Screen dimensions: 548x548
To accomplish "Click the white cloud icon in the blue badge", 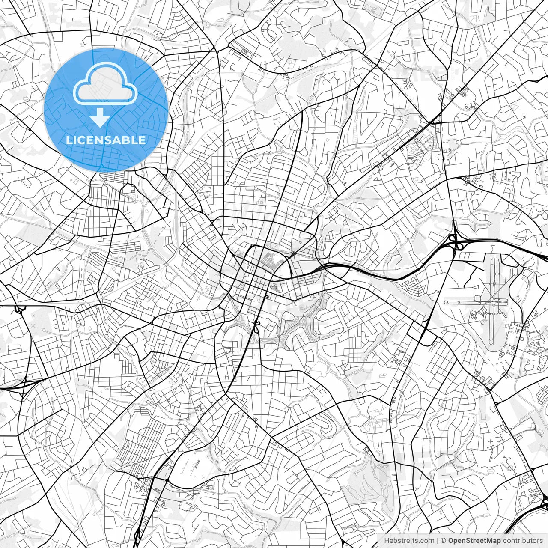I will [x=105, y=84].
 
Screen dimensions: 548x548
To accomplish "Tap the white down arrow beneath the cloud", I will [x=100, y=118].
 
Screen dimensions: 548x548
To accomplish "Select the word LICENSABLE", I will [x=106, y=140].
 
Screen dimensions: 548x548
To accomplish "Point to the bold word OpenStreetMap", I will [x=474, y=541].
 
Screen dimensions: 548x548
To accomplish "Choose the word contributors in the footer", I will [x=523, y=541].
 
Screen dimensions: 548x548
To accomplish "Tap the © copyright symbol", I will [x=444, y=541].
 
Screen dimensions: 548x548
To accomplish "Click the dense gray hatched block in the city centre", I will [x=271, y=260].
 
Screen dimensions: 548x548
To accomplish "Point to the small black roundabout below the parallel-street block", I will [x=166, y=481].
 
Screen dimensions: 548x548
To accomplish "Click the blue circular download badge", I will [x=106, y=110].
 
